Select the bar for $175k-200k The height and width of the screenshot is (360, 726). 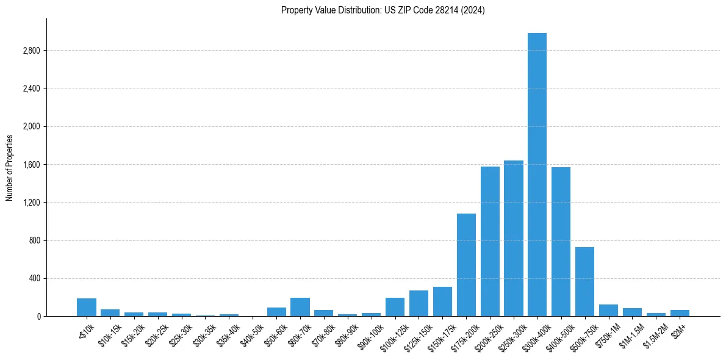(x=466, y=265)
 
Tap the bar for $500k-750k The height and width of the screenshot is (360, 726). (x=584, y=281)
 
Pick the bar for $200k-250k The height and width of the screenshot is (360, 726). (x=490, y=241)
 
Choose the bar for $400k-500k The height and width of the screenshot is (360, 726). (x=561, y=242)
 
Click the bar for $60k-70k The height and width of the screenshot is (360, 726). (x=300, y=307)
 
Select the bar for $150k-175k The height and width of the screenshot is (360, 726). (x=442, y=301)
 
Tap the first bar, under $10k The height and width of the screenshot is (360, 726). (x=87, y=307)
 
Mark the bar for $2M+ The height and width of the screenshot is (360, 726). (x=680, y=313)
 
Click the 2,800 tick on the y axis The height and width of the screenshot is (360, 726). (x=31, y=51)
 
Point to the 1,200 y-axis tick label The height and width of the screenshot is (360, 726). (x=31, y=203)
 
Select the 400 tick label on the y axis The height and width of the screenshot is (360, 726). (x=34, y=279)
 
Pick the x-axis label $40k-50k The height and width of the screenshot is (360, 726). (x=251, y=333)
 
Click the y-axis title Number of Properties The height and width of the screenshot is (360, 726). (x=9, y=167)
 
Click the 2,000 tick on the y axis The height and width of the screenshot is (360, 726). (x=31, y=127)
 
